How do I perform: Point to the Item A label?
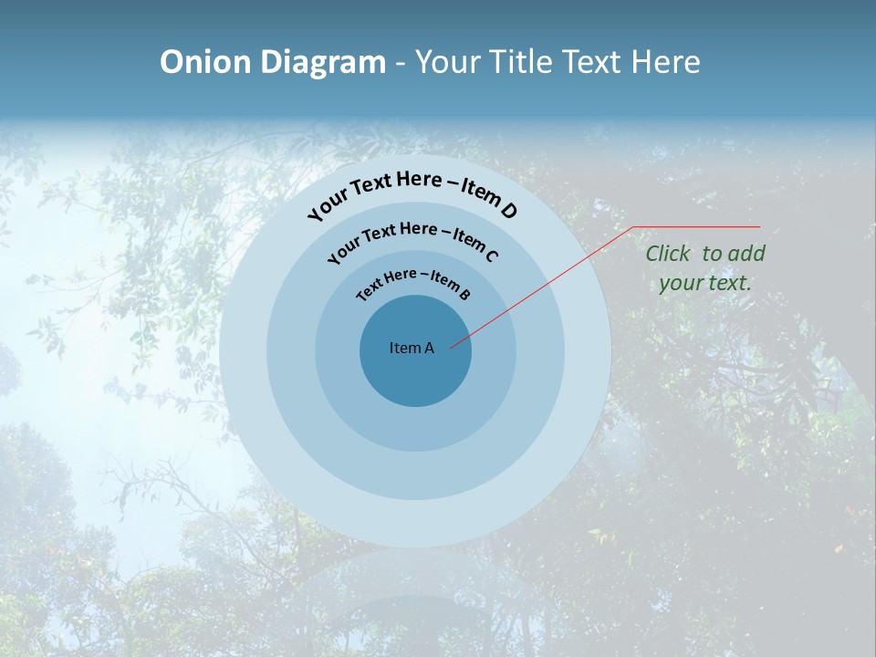coord(412,348)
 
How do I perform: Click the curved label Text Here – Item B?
coord(413,283)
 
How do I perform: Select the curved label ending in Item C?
coord(412,240)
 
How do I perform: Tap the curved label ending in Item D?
coord(412,193)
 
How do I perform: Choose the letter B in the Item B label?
coord(464,293)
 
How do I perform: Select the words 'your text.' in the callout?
coord(704,283)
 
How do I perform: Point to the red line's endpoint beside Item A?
coord(451,346)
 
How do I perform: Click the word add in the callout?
coord(746,255)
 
